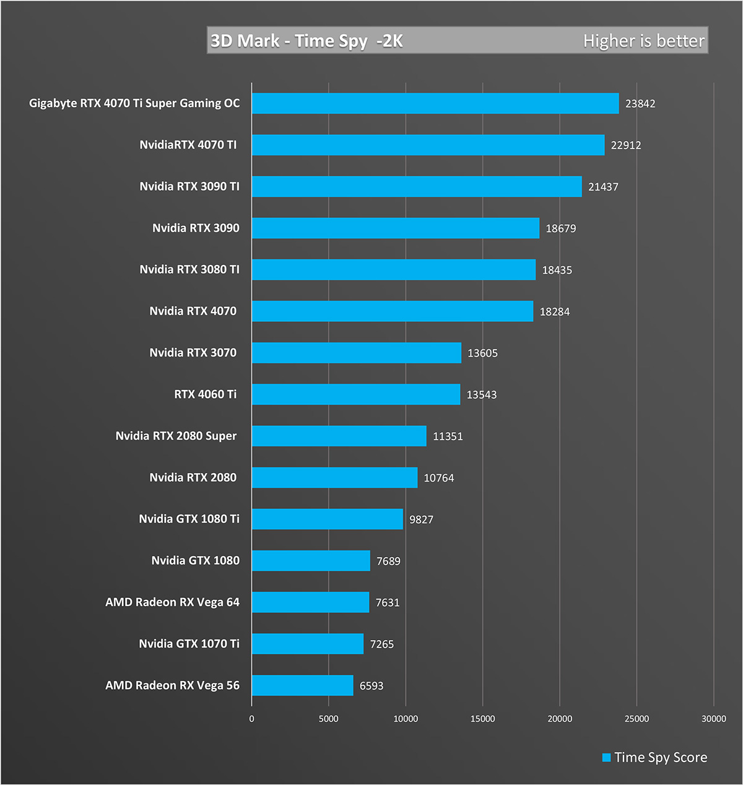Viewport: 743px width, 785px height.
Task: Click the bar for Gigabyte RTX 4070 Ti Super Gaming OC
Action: pyautogui.click(x=435, y=103)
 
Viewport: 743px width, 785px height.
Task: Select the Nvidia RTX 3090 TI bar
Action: pyautogui.click(x=417, y=186)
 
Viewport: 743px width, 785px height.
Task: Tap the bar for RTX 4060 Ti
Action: pyautogui.click(x=356, y=394)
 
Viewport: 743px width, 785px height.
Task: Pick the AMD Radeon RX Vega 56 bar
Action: pyautogui.click(x=302, y=685)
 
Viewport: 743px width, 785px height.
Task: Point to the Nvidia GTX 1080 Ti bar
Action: pyautogui.click(x=327, y=519)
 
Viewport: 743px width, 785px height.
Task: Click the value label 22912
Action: pyautogui.click(x=626, y=145)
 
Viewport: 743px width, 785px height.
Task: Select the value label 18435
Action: pyautogui.click(x=557, y=270)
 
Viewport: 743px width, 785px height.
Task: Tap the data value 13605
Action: pyautogui.click(x=482, y=353)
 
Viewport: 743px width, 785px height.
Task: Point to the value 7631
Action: pyautogui.click(x=388, y=602)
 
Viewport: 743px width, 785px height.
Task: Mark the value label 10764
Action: pyautogui.click(x=439, y=478)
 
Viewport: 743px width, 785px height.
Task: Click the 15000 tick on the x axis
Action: pyautogui.click(x=482, y=719)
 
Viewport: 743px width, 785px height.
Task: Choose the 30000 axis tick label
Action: pyautogui.click(x=713, y=719)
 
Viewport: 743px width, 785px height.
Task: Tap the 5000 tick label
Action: pyautogui.click(x=328, y=719)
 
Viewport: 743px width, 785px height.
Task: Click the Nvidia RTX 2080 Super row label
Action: pyautogui.click(x=176, y=436)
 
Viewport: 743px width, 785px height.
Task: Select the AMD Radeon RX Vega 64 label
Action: pyautogui.click(x=172, y=602)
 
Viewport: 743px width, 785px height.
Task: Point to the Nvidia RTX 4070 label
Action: pyautogui.click(x=193, y=311)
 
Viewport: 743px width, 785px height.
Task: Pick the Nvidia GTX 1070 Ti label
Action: pyautogui.click(x=189, y=644)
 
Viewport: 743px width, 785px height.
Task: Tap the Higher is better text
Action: pyautogui.click(x=643, y=41)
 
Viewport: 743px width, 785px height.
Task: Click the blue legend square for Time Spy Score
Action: pyautogui.click(x=607, y=758)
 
